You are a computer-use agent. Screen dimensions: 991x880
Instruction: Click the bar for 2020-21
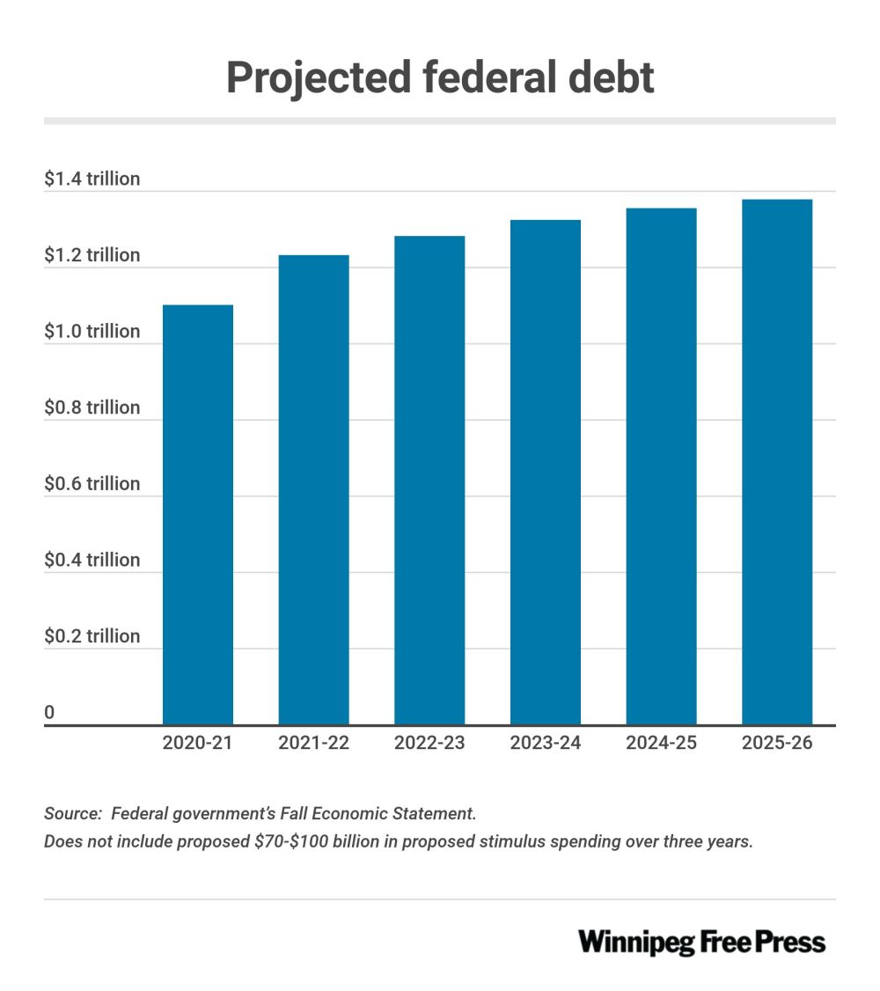(198, 515)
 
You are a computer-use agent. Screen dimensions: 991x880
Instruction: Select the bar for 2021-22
(313, 490)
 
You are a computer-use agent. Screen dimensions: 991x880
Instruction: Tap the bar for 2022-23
(429, 481)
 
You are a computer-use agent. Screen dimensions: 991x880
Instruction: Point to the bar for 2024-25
(661, 466)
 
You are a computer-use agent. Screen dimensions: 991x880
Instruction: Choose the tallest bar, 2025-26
(777, 462)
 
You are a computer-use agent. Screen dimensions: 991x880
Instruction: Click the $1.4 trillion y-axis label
(92, 180)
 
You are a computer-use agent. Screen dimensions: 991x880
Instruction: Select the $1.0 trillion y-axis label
(92, 332)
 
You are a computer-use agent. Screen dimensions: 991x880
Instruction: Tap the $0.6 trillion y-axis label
(92, 484)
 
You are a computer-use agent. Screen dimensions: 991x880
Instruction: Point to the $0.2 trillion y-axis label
(92, 636)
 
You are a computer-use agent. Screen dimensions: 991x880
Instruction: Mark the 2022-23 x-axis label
(429, 744)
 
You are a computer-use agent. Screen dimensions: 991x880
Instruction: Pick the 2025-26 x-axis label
(777, 744)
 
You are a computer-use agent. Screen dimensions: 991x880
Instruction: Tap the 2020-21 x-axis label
(198, 744)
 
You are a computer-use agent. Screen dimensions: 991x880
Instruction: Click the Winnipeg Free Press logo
(701, 943)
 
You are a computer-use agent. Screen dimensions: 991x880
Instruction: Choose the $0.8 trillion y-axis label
(92, 407)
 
